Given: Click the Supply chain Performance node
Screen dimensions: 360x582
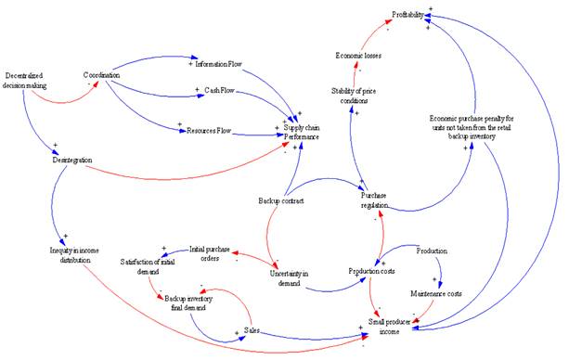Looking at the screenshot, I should click(302, 133).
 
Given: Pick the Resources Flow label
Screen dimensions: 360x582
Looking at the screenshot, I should click(210, 132).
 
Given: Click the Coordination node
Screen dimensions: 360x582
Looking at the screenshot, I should click(102, 74).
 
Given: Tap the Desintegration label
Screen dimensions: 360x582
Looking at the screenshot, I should click(71, 160).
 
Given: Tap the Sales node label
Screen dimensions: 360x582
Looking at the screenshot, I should click(252, 329).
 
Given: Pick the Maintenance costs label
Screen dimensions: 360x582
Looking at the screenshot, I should click(435, 294).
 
